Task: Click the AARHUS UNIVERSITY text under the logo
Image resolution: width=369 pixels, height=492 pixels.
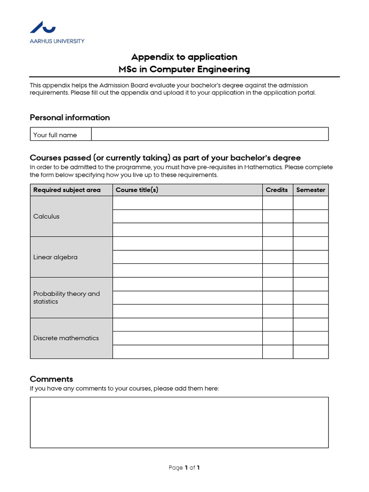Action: (x=57, y=41)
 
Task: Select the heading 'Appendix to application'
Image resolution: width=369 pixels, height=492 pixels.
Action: (x=184, y=57)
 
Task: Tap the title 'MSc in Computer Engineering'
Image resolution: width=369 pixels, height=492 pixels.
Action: (x=184, y=69)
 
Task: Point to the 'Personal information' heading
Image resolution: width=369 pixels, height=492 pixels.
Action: (x=70, y=118)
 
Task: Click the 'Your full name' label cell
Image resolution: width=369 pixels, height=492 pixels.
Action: (x=55, y=135)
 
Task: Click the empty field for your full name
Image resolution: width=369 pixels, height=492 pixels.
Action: (x=209, y=134)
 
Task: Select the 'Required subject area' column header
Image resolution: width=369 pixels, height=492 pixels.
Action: (x=67, y=190)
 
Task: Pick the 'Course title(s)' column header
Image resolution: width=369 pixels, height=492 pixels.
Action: (x=137, y=190)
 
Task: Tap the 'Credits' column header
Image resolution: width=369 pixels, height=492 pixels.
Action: (x=277, y=190)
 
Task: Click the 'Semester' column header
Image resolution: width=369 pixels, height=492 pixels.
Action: (x=310, y=190)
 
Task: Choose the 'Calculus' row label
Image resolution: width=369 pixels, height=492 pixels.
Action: (x=47, y=216)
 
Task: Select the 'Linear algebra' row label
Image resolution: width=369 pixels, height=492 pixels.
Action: (x=55, y=257)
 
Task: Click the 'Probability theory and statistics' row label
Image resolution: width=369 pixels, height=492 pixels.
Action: (x=66, y=297)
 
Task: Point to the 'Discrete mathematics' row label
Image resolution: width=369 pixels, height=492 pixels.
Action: (x=66, y=338)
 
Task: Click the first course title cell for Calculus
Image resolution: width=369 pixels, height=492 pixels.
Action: (x=187, y=203)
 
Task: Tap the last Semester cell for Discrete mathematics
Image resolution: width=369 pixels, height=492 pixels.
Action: (x=310, y=352)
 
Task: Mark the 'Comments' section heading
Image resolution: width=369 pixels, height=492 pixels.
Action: (x=51, y=379)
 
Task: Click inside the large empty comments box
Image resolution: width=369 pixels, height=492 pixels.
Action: (x=179, y=422)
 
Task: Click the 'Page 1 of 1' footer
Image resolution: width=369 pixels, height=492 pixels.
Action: (x=184, y=467)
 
